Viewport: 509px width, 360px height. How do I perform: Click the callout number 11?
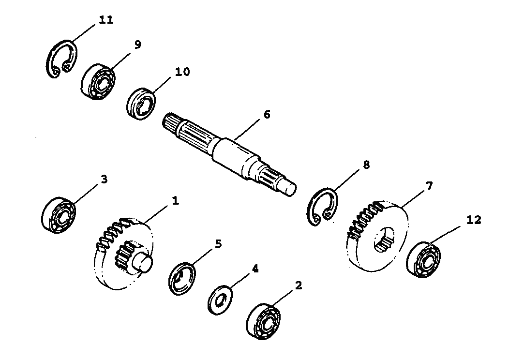click(x=106, y=20)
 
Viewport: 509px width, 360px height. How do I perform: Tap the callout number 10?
click(x=182, y=72)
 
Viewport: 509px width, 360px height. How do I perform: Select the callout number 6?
click(x=267, y=115)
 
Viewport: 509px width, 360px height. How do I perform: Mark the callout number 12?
click(x=474, y=220)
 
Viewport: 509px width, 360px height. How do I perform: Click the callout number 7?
click(x=429, y=186)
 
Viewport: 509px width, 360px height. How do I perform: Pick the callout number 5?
click(x=218, y=243)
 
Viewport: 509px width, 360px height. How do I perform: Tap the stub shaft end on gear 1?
click(x=143, y=262)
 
